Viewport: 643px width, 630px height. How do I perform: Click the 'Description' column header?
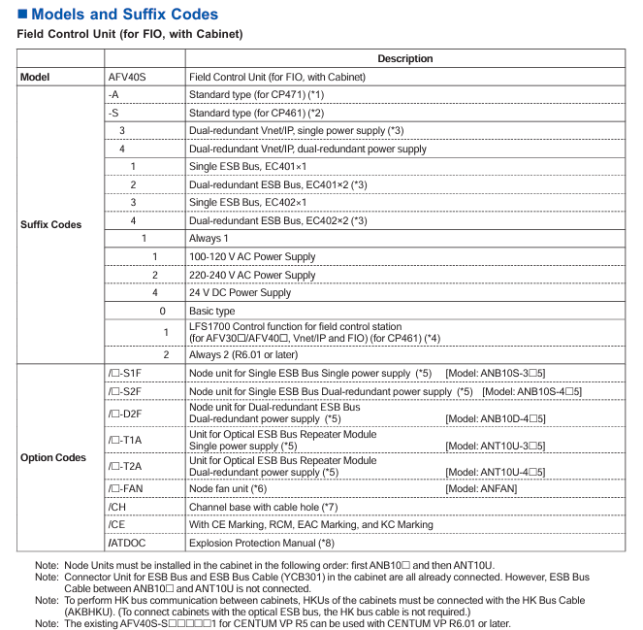pos(405,58)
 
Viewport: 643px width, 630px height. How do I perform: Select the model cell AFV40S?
pos(128,77)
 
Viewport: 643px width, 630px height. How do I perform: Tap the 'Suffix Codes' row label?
pos(50,225)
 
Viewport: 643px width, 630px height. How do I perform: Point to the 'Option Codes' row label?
pos(52,457)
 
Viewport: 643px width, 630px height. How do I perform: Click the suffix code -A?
pos(113,94)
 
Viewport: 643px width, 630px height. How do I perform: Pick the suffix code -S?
pos(113,113)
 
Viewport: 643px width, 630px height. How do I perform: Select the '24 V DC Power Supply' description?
pos(240,292)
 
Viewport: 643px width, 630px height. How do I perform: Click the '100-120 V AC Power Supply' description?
pos(252,256)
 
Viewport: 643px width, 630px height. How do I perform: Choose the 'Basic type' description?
pos(211,311)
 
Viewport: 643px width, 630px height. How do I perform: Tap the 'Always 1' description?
pos(209,238)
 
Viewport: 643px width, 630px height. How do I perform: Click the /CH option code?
pos(116,507)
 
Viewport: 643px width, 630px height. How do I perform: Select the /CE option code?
pos(116,524)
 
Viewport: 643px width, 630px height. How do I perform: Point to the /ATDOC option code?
pos(127,543)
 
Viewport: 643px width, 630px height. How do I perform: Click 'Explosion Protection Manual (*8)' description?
pos(261,543)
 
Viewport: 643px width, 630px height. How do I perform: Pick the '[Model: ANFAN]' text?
pos(481,488)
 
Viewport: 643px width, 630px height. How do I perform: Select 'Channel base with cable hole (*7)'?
pos(263,507)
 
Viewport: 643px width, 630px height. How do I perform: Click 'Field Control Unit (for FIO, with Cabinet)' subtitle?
pos(130,35)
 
